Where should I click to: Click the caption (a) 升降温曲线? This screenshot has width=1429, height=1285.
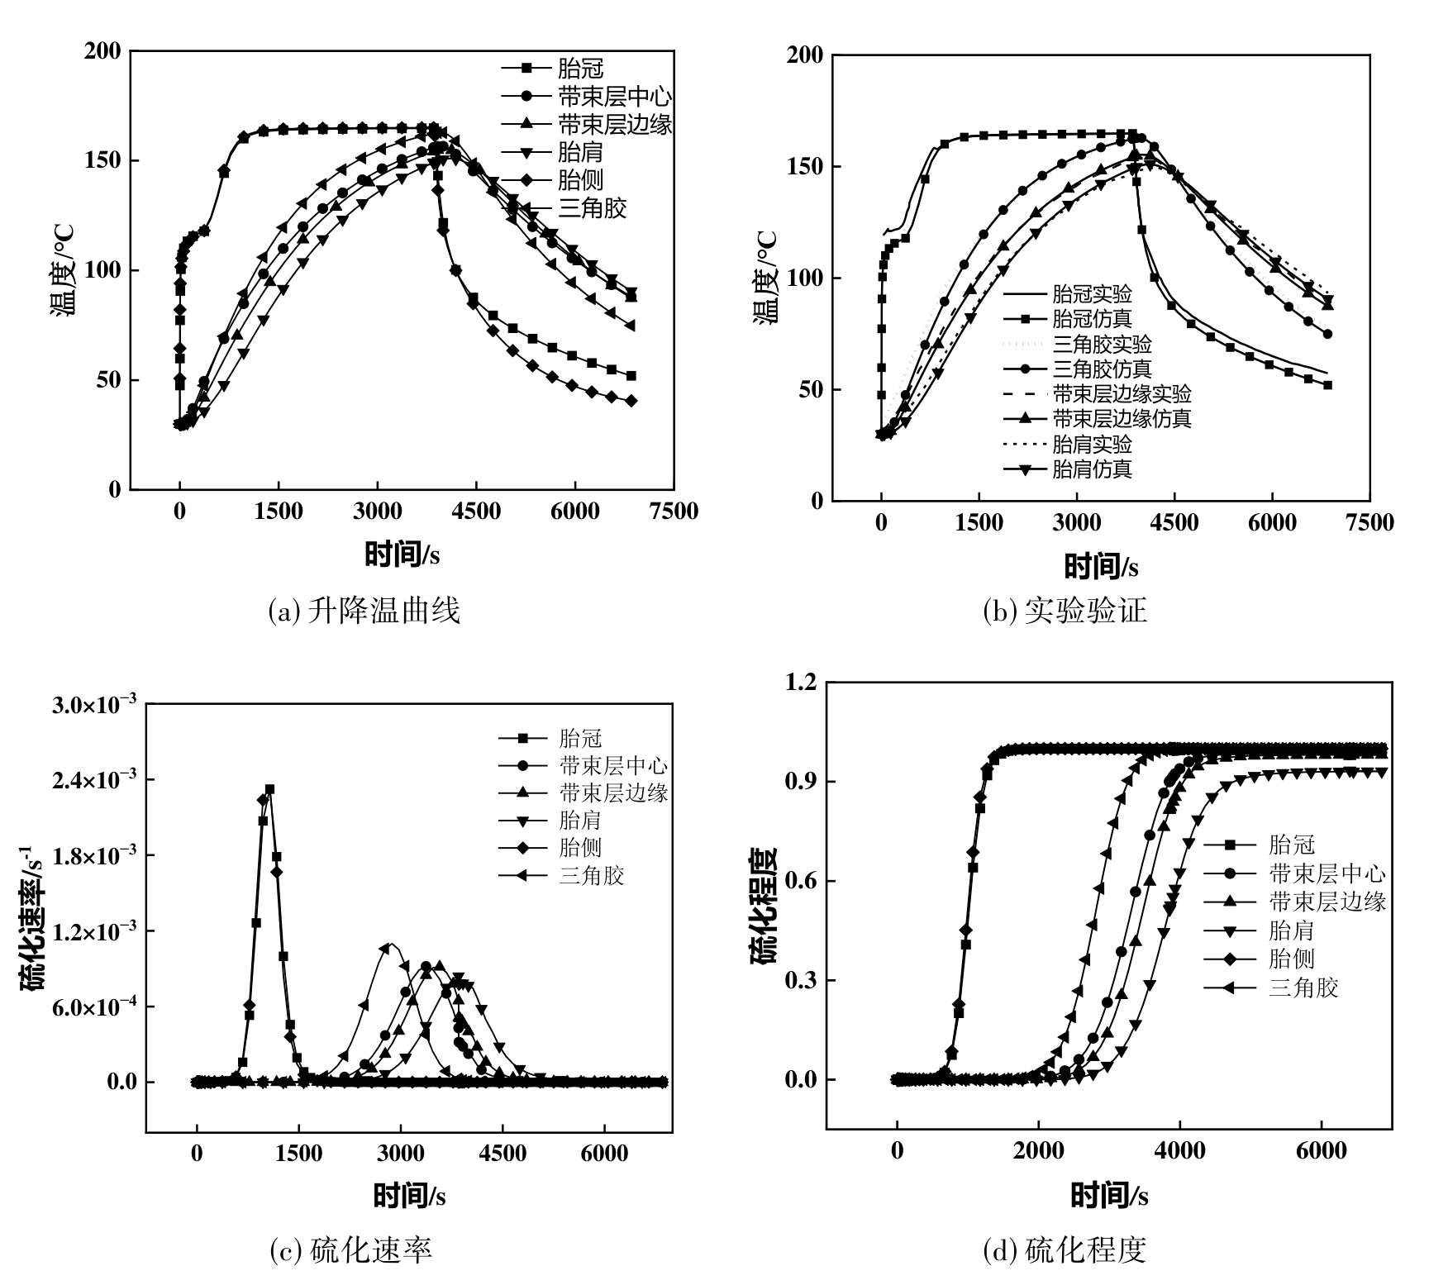(364, 611)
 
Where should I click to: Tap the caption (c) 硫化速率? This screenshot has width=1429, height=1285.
(351, 1250)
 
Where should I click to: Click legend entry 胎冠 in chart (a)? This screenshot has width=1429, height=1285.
(581, 68)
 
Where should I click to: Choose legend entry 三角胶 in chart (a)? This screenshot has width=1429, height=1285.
(593, 207)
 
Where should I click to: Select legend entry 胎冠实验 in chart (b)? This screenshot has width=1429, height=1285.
(1092, 293)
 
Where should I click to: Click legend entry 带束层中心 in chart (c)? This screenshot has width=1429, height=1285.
(612, 765)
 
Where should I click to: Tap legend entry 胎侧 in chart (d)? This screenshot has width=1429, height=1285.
(1291, 959)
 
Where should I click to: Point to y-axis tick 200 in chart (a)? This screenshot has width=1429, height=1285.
(102, 51)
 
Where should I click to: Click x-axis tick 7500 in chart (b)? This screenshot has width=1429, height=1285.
(1369, 522)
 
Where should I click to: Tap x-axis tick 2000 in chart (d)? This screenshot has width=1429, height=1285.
(1039, 1150)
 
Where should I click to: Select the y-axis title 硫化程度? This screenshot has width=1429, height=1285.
(765, 907)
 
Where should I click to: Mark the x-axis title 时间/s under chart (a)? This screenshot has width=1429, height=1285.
(402, 554)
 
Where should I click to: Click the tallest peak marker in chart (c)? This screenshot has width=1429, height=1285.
(269, 790)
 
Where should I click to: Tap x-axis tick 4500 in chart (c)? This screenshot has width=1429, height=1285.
(503, 1154)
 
